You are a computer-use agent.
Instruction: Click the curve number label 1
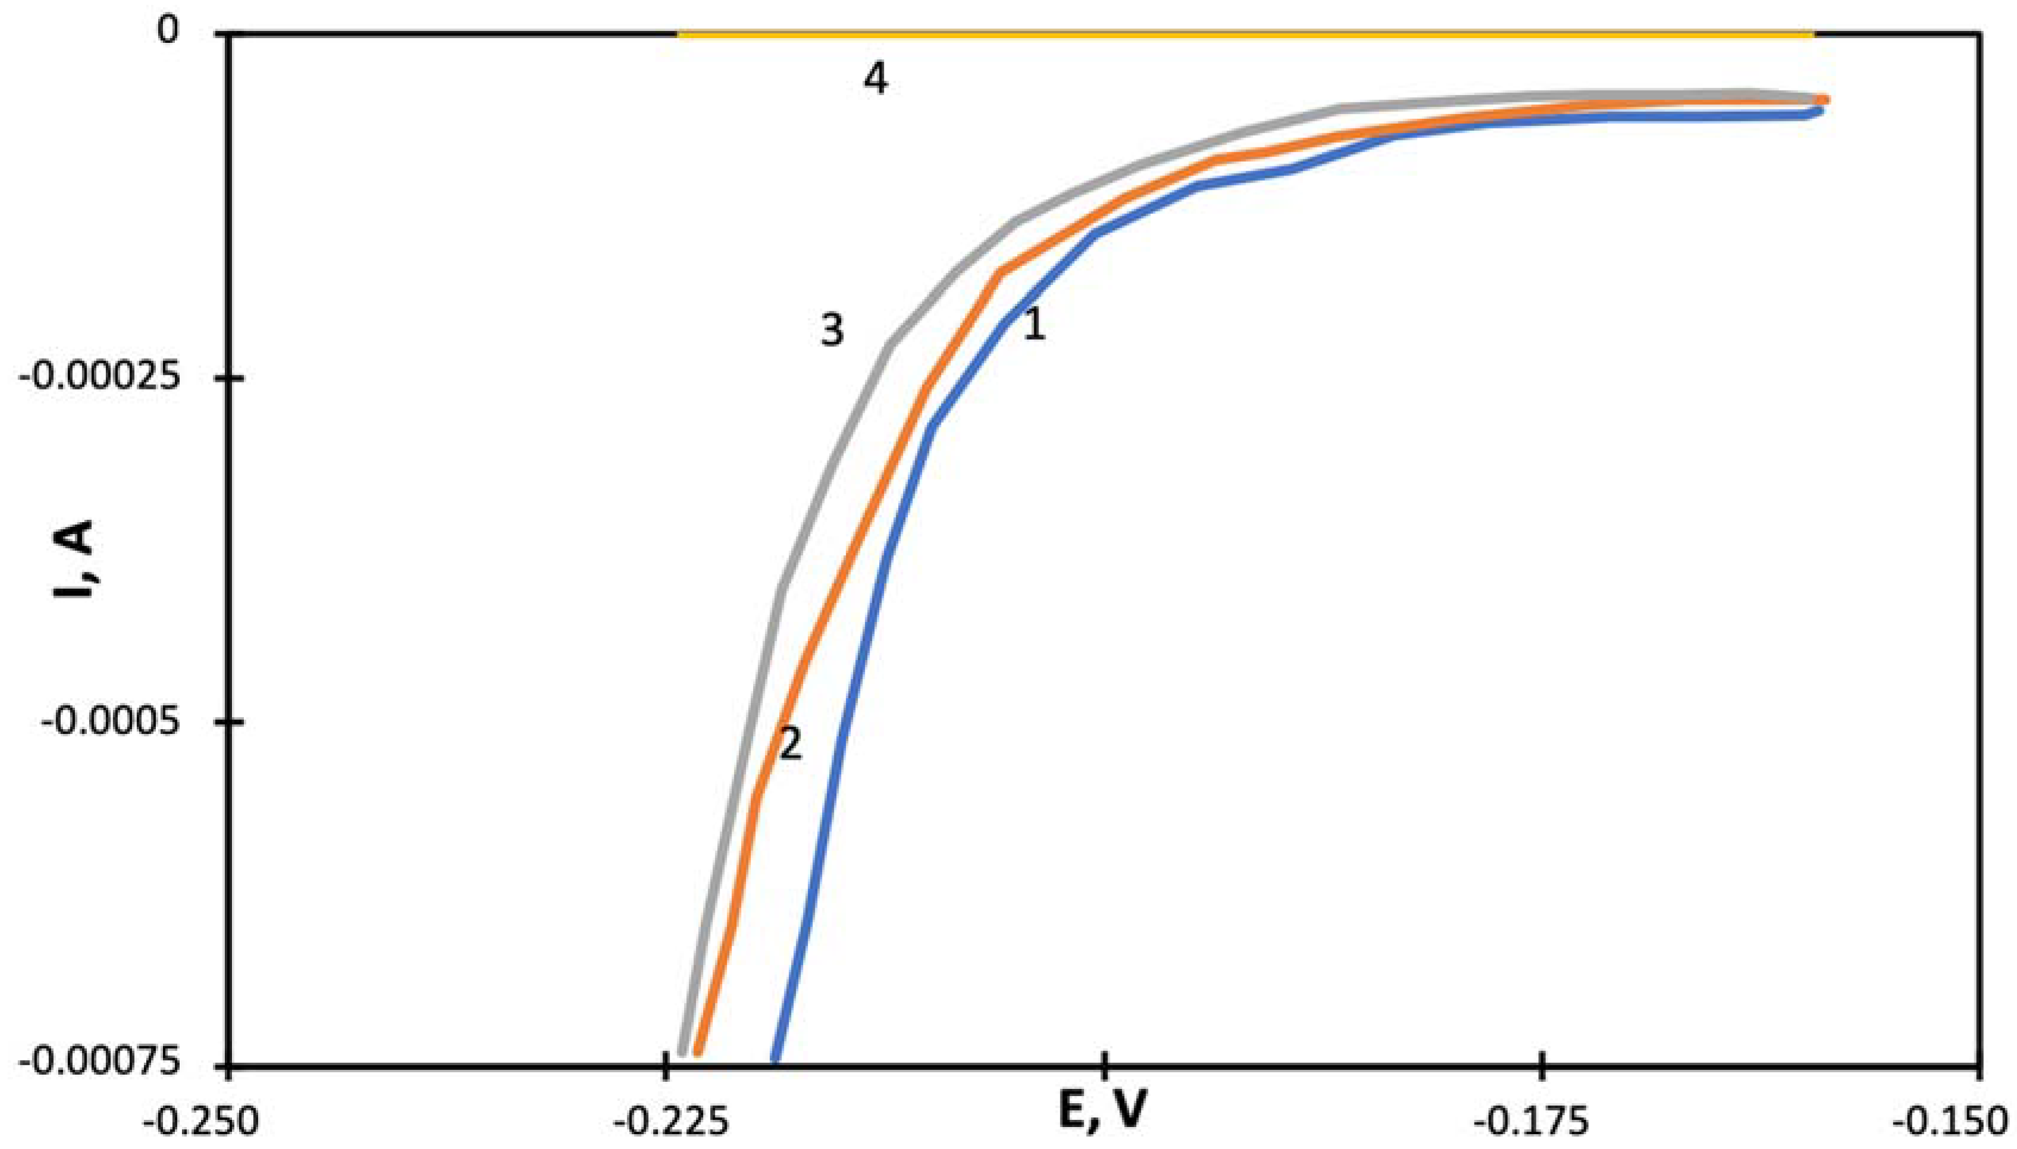point(1034,324)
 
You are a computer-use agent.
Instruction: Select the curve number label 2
point(791,743)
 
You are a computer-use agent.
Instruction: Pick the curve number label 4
point(875,79)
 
